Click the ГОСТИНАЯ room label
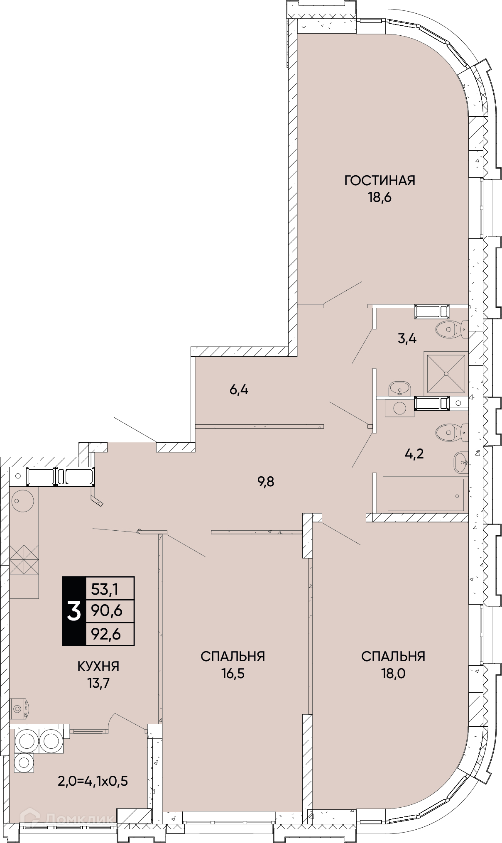point(380,181)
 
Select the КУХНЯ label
point(98,667)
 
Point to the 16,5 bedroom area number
point(233,673)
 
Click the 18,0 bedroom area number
point(393,673)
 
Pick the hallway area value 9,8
point(266,482)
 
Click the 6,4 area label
point(239,390)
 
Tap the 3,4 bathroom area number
point(407,338)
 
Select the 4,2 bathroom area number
point(414,454)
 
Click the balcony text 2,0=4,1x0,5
point(93,781)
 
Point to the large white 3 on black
point(73,611)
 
